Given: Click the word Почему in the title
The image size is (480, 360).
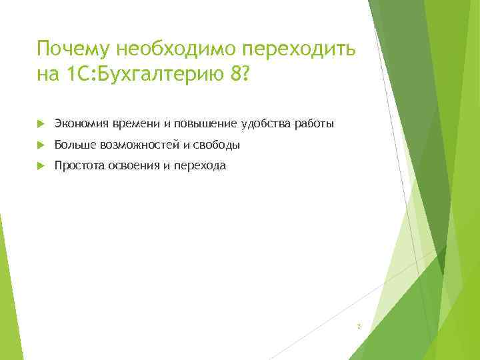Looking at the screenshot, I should [x=75, y=49].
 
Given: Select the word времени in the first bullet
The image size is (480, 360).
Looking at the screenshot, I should [x=134, y=123].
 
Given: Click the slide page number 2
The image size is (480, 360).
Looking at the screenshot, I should [x=359, y=327].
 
